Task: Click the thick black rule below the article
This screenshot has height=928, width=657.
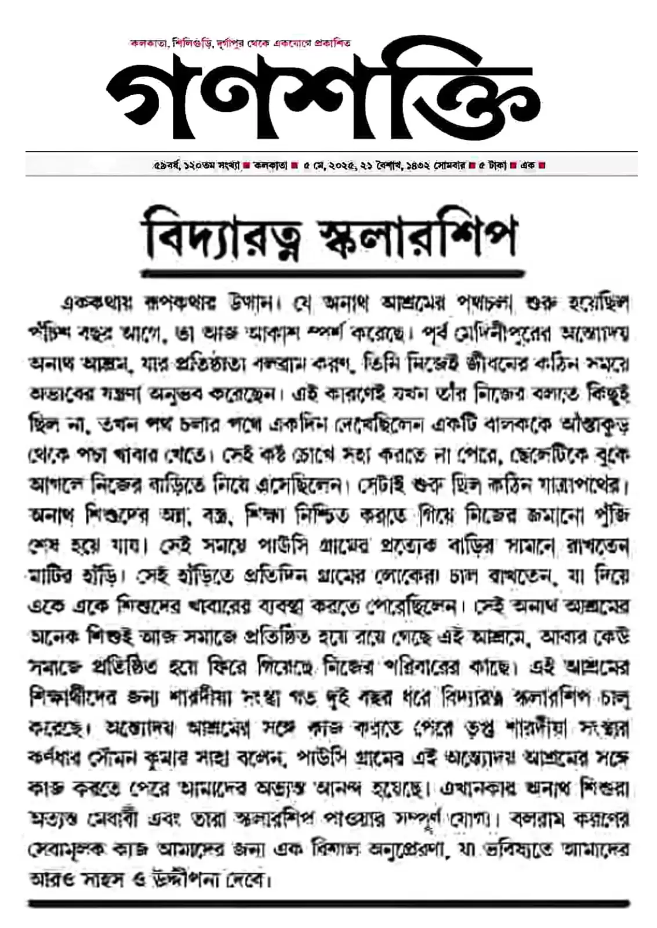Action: point(328,903)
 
